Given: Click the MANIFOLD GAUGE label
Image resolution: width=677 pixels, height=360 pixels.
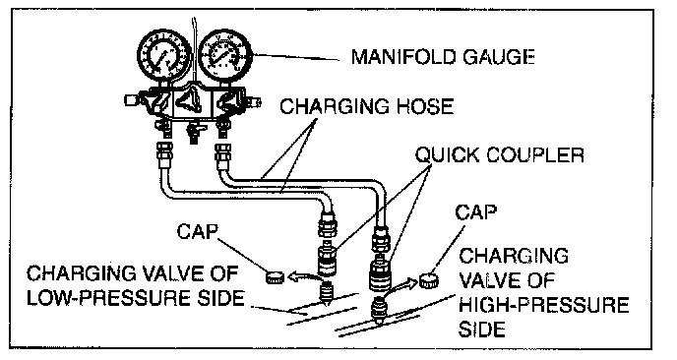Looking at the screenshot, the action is pos(443,56).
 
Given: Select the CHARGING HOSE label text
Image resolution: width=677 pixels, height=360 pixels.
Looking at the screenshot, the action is pos(367,106).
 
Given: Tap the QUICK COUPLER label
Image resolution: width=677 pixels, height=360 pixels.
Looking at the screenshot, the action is pos(500,154).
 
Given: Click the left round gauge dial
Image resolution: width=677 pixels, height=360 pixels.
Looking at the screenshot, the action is pos(164,56).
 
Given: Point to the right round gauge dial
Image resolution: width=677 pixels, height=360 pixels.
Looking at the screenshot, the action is pos(225,55).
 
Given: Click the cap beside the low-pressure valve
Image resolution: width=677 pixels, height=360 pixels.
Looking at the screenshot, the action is pos(275,277).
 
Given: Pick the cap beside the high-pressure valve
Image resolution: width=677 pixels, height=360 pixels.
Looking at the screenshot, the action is pos(429,281).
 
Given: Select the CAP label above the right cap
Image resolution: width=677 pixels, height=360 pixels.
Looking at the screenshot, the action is pos(476,212).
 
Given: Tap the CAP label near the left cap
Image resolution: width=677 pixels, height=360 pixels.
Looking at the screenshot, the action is pos(198,232).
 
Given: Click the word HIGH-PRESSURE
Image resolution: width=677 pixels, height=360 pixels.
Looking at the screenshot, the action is pos(543,305).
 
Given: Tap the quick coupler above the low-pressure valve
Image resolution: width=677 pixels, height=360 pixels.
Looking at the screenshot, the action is pos(327,262).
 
